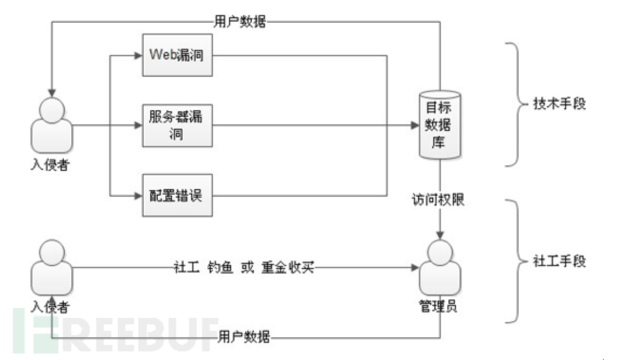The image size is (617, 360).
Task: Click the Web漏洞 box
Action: tap(177, 55)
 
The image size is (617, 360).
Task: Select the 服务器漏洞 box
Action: tap(177, 125)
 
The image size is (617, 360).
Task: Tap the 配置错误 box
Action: tap(177, 195)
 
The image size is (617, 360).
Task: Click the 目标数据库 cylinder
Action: tap(440, 125)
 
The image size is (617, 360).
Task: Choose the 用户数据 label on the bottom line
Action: tap(244, 338)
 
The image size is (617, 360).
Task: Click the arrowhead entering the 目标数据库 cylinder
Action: tap(415, 126)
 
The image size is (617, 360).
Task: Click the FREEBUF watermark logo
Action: tap(116, 330)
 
